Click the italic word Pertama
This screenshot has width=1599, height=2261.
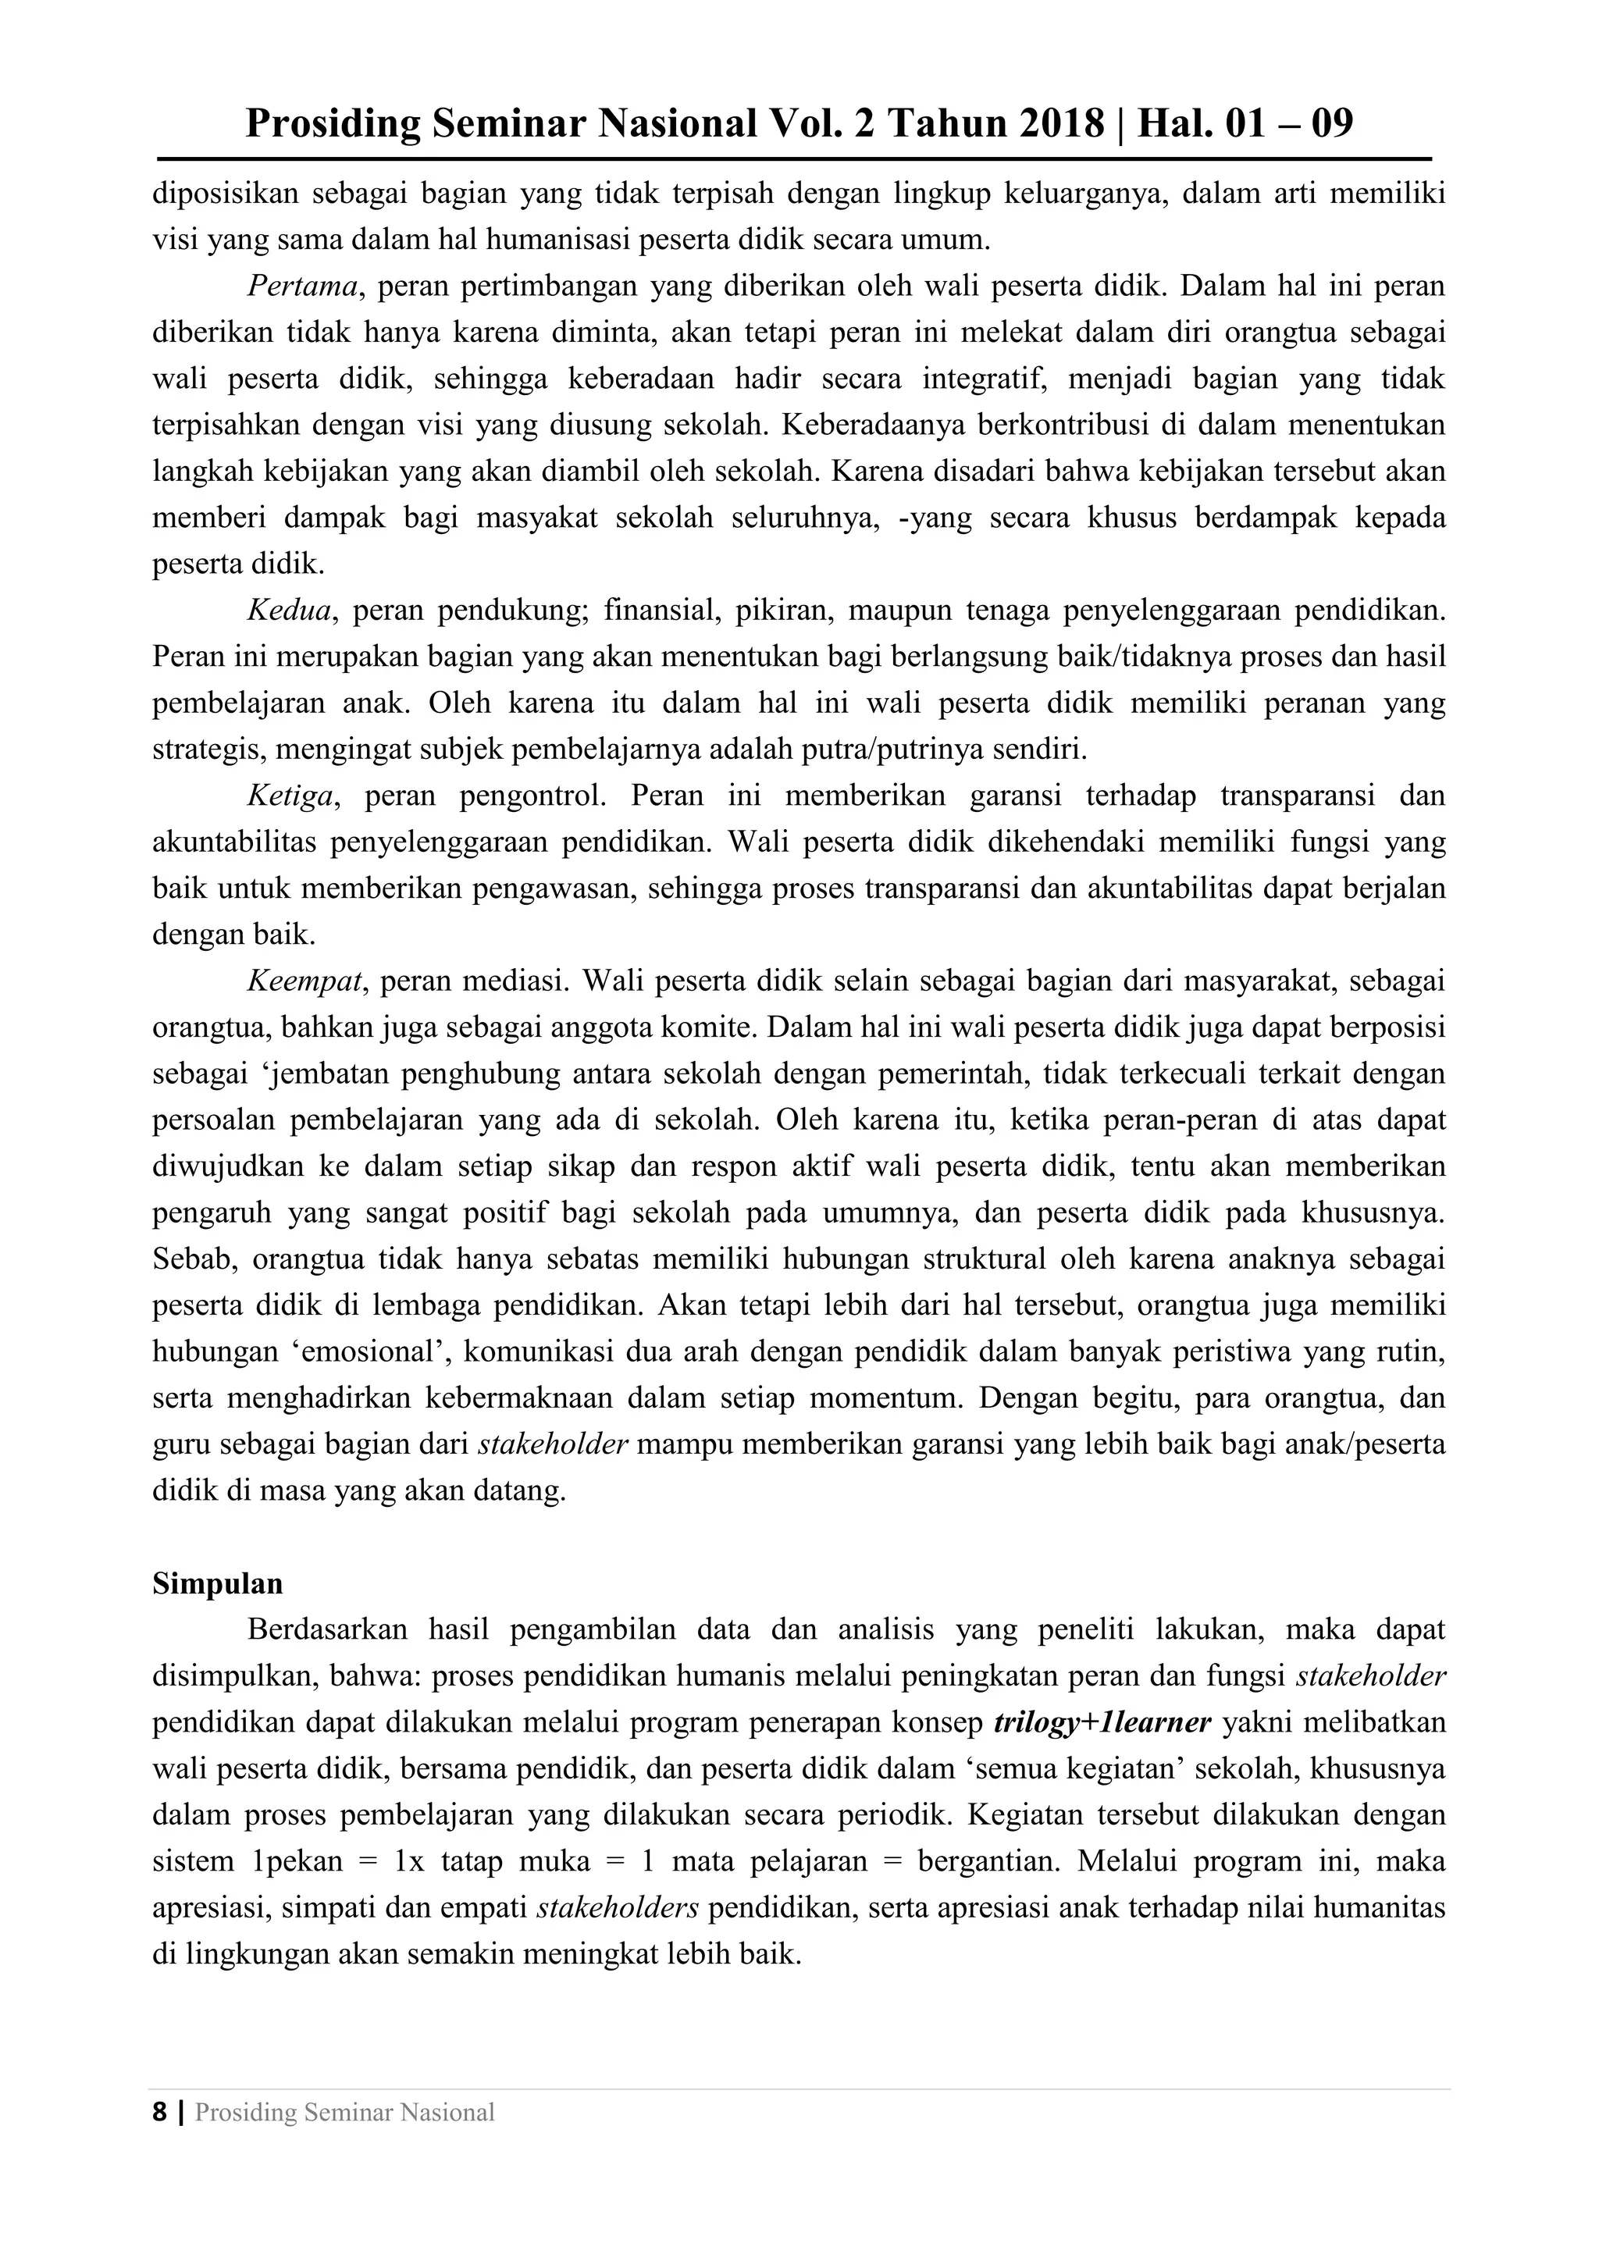coord(302,287)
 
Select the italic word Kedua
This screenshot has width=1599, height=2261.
coord(288,611)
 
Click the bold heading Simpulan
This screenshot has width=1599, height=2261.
coord(218,1583)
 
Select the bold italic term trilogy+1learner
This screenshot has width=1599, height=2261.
coord(1102,1722)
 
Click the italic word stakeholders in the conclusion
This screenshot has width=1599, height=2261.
coord(618,1907)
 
